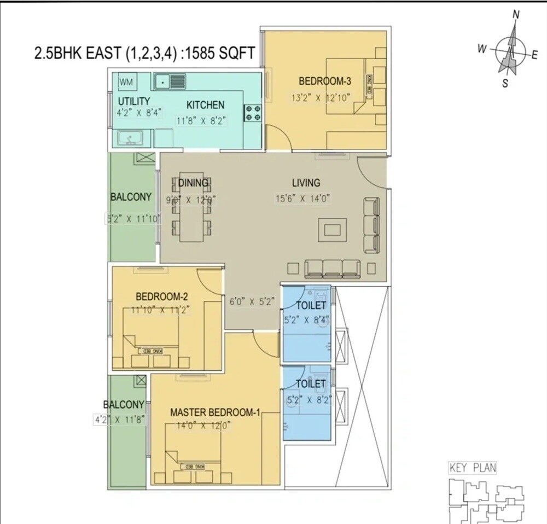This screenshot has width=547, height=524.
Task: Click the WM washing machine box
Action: (126, 83)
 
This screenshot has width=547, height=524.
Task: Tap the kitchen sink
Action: (170, 83)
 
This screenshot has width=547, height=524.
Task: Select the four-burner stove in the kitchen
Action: (253, 112)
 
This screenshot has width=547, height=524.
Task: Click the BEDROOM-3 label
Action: (324, 82)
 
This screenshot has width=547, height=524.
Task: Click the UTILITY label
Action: (134, 101)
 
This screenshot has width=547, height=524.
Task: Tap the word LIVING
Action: (305, 183)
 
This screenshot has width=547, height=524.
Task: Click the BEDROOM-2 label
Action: (162, 296)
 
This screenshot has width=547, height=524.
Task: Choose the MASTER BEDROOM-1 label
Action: (214, 412)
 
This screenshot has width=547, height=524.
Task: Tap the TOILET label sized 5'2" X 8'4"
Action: (311, 305)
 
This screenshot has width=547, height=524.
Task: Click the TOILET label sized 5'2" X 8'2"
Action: (311, 384)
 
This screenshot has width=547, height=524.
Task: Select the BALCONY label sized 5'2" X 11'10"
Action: (131, 197)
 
